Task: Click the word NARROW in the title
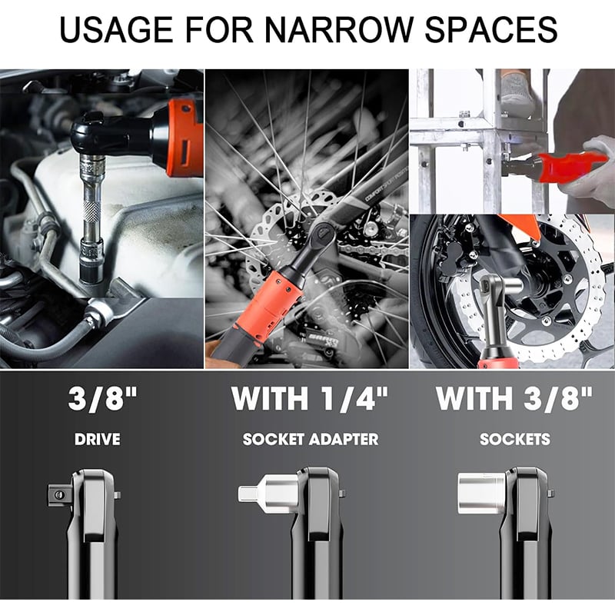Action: click(340, 29)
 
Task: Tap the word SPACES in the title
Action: click(491, 29)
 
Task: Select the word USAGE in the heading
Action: click(117, 29)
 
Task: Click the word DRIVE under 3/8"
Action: click(98, 439)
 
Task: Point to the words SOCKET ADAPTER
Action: click(311, 439)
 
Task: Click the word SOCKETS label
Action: click(515, 439)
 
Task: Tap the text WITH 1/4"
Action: click(310, 399)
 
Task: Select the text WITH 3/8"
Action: click(514, 399)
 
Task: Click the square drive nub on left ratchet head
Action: click(61, 495)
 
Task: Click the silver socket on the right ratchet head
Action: click(482, 493)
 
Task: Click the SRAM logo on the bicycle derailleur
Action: click(323, 340)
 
